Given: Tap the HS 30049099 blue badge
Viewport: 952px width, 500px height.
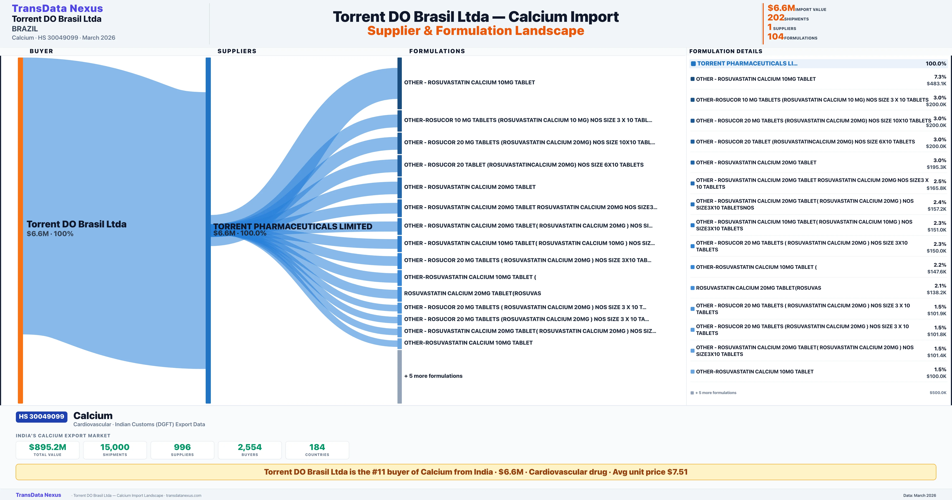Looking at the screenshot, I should pos(41,416).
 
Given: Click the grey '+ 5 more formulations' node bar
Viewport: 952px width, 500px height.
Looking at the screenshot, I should pos(399,376).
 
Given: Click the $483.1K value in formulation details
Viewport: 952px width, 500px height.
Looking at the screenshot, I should pos(936,84).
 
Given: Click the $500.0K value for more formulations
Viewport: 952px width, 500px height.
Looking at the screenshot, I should pos(938,393).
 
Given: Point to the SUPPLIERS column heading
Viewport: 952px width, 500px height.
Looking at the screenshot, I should pos(237,51).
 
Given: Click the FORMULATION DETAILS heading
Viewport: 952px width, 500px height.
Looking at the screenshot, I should pos(726,51).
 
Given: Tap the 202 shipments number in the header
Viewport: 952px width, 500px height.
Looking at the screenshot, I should pos(775,17).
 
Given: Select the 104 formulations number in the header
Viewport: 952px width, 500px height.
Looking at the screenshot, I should pos(775,37).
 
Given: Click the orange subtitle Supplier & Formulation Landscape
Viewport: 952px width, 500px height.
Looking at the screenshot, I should pos(476,31).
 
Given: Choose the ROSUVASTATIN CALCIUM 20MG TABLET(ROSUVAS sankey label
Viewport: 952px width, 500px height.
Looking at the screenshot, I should pos(472,293).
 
